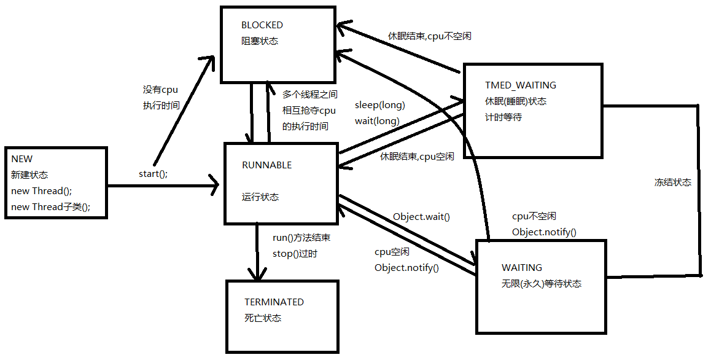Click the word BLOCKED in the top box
click(262, 25)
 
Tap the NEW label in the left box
click(22, 159)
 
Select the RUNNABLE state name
click(267, 165)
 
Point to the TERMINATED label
click(274, 302)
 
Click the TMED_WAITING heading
click(521, 85)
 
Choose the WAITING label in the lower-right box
click(522, 268)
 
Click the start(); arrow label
click(153, 174)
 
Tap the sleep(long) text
click(380, 105)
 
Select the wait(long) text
click(377, 121)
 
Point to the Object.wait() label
click(421, 216)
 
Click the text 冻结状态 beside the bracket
click(673, 182)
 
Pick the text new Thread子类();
click(50, 207)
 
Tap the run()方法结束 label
click(302, 238)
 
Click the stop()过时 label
click(295, 254)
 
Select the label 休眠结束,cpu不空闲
click(429, 36)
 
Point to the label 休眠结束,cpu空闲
click(417, 157)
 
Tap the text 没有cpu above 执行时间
click(160, 90)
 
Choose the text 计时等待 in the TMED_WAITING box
click(503, 117)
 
